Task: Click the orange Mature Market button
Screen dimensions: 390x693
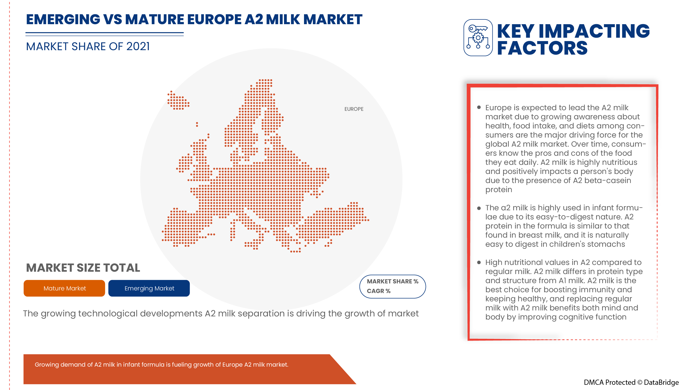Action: click(64, 288)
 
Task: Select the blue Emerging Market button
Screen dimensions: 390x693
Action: click(149, 288)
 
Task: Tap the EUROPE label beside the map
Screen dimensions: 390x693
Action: click(354, 109)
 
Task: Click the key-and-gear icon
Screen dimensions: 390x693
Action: click(478, 38)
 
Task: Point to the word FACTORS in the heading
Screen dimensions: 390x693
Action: click(542, 48)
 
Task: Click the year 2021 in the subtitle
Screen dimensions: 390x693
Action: click(138, 47)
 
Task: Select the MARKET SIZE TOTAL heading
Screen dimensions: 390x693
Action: click(83, 268)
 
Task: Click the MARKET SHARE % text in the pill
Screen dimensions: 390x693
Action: click(392, 281)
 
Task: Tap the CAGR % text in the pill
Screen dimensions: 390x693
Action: click(379, 291)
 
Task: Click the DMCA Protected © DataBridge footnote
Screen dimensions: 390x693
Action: click(631, 382)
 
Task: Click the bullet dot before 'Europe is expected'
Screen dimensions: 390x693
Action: click(479, 107)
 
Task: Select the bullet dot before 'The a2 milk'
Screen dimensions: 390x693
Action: click(479, 208)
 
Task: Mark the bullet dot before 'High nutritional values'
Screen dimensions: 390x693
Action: click(479, 262)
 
